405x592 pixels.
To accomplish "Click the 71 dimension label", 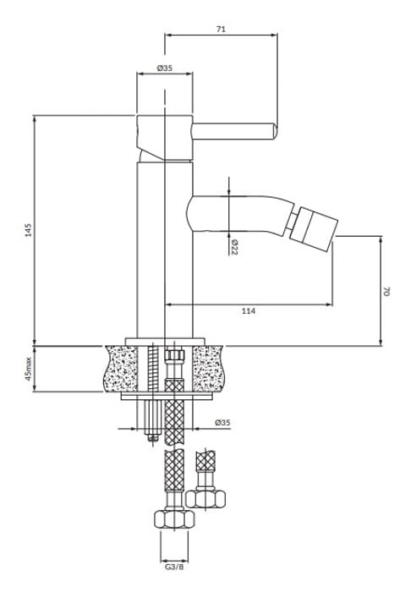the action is pos(222,29).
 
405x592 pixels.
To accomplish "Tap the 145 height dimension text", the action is pos(29,230).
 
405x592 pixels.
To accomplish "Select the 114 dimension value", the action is pos(249,310).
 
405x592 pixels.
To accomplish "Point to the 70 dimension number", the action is pos(386,291).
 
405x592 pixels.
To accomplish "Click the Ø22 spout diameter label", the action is pos(233,247).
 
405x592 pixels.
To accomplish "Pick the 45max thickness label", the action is pos(29,369).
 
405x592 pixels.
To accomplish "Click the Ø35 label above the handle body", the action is pos(165,68).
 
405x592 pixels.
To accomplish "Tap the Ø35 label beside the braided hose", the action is pos(222,423).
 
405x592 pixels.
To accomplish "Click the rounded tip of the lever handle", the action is pos(275,131).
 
